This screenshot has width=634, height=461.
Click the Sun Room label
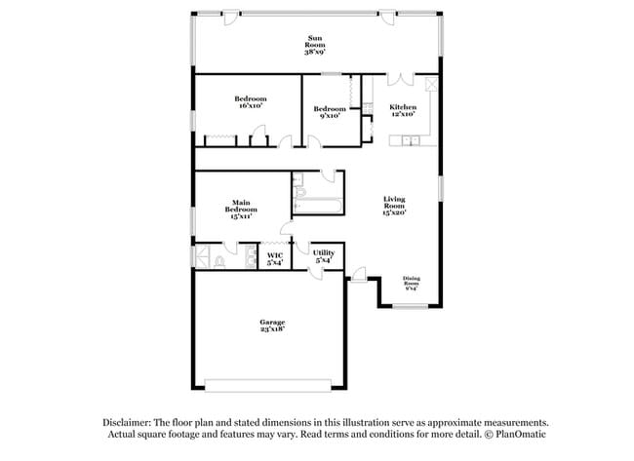(x=316, y=44)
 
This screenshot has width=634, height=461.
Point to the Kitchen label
(x=403, y=110)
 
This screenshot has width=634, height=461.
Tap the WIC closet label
(x=275, y=259)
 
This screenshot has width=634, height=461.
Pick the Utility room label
(x=324, y=256)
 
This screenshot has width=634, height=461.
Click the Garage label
(x=271, y=326)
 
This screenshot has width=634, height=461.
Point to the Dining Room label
(x=411, y=284)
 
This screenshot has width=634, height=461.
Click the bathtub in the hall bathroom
(x=317, y=205)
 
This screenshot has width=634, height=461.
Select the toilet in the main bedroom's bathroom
(x=221, y=261)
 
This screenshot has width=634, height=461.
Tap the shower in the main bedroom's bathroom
(x=203, y=258)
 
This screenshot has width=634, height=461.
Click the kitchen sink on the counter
(x=411, y=142)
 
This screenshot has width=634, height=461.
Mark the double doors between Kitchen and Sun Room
(x=403, y=81)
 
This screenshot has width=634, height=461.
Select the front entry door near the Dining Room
(x=359, y=279)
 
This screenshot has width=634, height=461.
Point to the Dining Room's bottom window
(x=410, y=306)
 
